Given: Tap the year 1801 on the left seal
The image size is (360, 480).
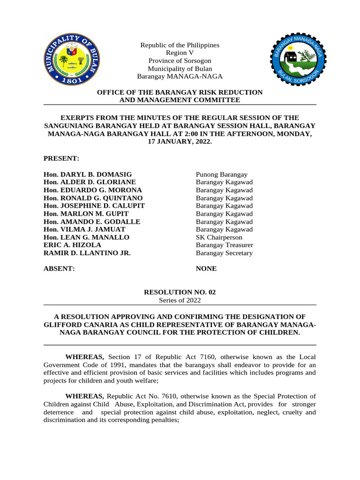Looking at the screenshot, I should click(71, 80).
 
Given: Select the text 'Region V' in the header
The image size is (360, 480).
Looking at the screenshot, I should click(180, 53).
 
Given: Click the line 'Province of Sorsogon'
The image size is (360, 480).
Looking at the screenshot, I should click(180, 61).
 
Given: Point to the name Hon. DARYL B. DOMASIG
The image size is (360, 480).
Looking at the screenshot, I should click(88, 174).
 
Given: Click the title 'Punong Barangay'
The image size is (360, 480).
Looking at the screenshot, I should click(222, 174).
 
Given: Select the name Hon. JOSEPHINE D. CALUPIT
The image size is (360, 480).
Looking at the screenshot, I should click(94, 206).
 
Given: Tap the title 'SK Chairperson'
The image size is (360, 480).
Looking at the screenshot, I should click(219, 237).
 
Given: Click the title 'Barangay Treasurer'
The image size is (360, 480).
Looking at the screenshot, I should click(225, 245).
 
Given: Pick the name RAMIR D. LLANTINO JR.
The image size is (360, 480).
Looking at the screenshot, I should click(87, 253).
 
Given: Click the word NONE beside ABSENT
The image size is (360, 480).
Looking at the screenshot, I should click(206, 269).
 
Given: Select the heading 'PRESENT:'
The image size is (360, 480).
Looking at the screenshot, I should click(61, 158).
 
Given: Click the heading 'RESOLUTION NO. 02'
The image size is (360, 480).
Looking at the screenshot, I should click(180, 292).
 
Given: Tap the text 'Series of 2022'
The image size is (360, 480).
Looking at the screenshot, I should click(180, 300).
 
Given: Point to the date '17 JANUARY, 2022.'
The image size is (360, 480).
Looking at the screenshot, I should click(180, 141).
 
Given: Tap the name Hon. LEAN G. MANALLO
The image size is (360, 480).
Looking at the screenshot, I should click(86, 237).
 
